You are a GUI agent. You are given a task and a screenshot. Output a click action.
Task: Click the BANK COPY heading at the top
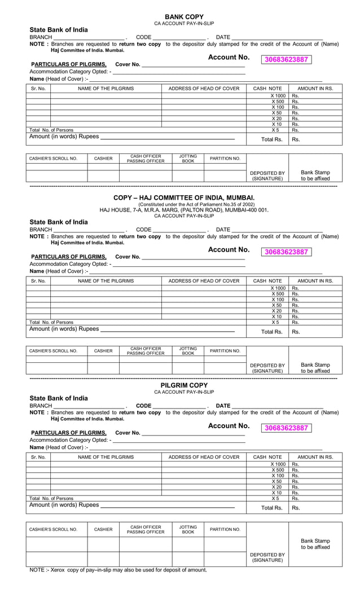point(184,17)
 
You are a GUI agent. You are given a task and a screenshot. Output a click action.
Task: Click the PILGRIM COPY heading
point(184,385)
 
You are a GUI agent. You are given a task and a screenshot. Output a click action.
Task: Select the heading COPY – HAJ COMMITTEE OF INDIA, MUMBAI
point(184,197)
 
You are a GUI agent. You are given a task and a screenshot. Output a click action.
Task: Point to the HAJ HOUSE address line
point(184,210)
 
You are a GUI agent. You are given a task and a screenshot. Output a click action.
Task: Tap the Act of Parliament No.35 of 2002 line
point(184,204)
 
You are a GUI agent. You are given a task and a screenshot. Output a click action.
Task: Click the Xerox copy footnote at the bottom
point(118,570)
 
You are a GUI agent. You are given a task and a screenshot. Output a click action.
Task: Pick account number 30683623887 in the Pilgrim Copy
point(286,428)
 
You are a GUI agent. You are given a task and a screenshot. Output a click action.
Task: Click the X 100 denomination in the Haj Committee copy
point(277,300)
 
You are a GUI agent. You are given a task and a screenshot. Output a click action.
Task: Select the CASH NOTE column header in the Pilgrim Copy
point(267,456)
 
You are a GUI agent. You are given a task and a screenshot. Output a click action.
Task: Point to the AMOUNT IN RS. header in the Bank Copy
point(315,89)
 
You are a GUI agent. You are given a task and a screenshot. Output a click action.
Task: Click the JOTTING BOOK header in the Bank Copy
point(188,159)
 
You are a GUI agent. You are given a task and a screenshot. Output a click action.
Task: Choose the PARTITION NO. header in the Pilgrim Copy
point(225,529)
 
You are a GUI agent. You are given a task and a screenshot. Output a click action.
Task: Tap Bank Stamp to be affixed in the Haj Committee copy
point(315,368)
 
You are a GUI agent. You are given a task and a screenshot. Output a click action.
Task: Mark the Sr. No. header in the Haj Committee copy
point(38,280)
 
